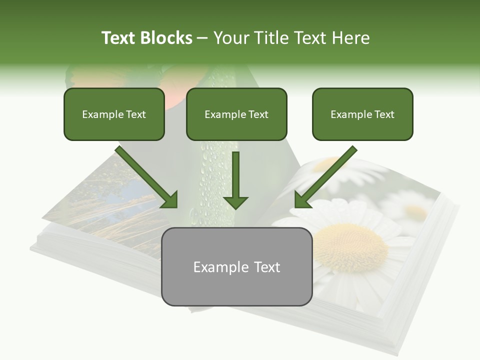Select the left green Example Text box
pyautogui.click(x=114, y=114)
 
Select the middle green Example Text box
pyautogui.click(x=236, y=114)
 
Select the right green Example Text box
pyautogui.click(x=362, y=114)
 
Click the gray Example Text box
pyautogui.click(x=236, y=266)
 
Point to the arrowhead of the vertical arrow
pyautogui.click(x=235, y=202)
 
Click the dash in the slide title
pyautogui.click(x=202, y=38)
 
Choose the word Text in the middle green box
pyautogui.click(x=258, y=114)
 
